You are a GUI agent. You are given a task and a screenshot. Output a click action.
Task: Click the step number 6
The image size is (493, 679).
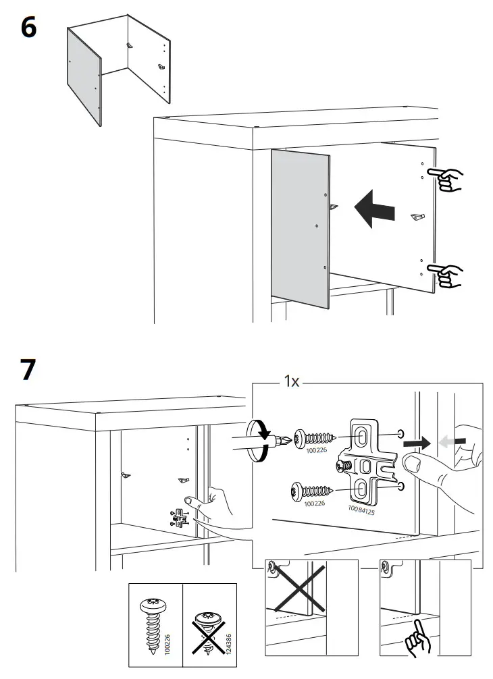pos(28,29)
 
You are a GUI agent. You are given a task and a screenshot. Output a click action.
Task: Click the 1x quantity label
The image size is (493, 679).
pos(291,381)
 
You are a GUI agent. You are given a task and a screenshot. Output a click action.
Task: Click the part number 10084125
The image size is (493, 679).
pos(361,509)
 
